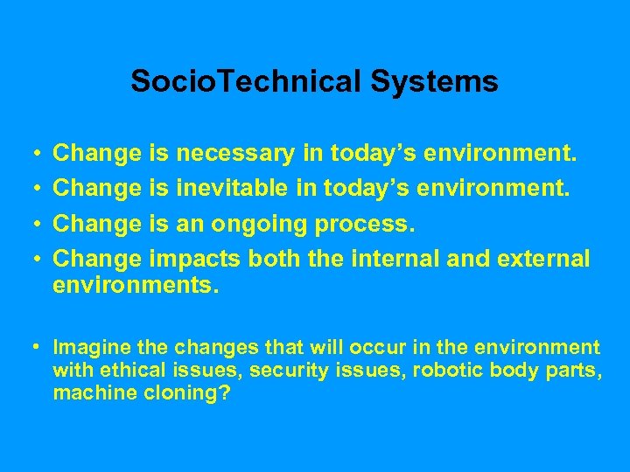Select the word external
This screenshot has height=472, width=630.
(548, 260)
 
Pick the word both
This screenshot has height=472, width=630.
(275, 260)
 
